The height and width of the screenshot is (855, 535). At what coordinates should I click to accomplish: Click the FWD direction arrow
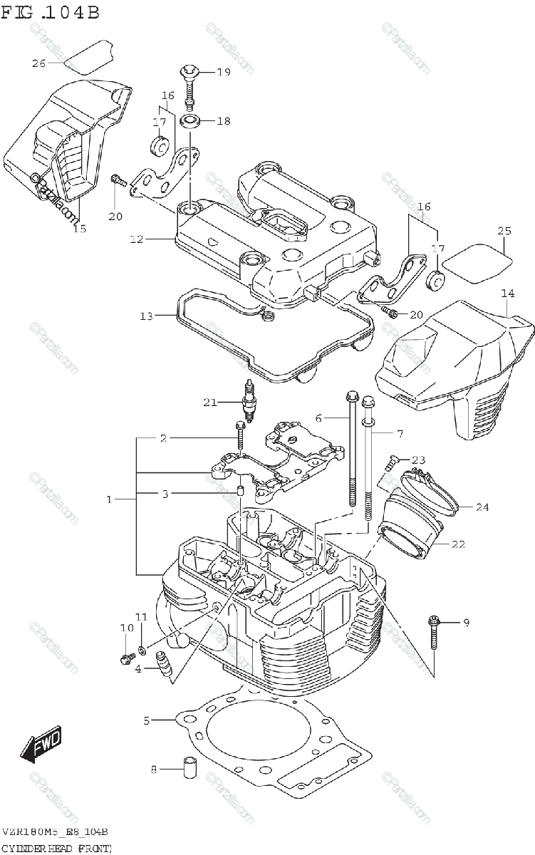[x=41, y=745]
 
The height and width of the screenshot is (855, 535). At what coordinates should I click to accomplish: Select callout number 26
[x=38, y=63]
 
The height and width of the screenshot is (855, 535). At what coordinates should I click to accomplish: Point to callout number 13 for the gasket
[x=146, y=316]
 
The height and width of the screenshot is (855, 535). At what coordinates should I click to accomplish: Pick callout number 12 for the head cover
[x=137, y=240]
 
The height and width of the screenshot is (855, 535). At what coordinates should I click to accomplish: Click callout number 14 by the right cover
[x=507, y=293]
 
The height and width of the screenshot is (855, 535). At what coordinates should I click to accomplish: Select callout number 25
[x=504, y=231]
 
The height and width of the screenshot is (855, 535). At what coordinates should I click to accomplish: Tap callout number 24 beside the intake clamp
[x=482, y=507]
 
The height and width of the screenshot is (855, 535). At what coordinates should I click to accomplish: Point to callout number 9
[x=466, y=623]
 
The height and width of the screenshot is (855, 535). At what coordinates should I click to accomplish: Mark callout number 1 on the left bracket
[x=110, y=499]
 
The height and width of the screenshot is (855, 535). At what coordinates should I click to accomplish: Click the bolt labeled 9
[x=434, y=633]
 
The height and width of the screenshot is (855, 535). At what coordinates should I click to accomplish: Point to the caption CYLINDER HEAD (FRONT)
[x=57, y=846]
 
